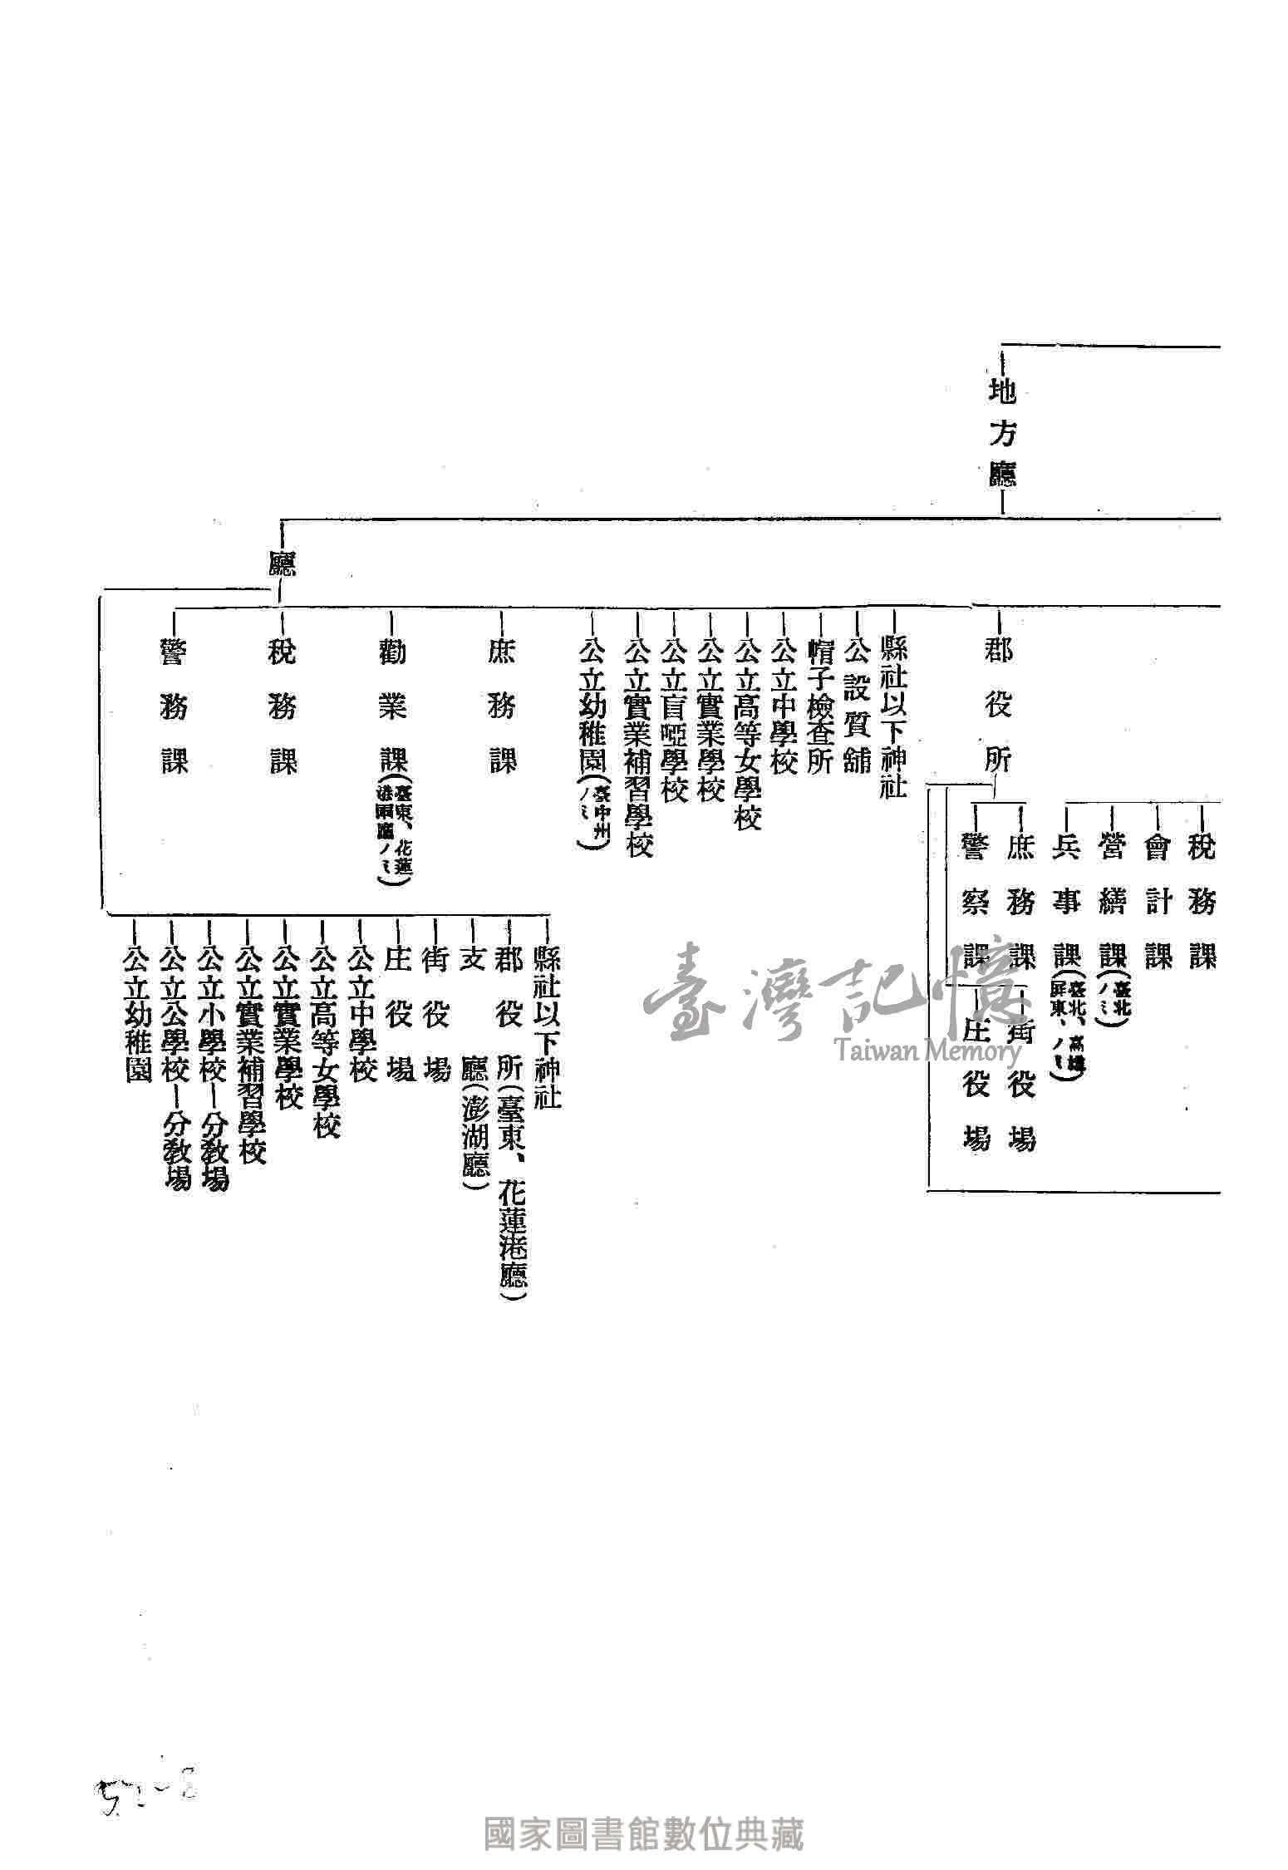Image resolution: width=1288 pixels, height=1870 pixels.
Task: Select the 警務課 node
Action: tap(175, 707)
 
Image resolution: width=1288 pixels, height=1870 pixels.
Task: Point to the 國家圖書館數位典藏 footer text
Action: tap(644, 1833)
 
